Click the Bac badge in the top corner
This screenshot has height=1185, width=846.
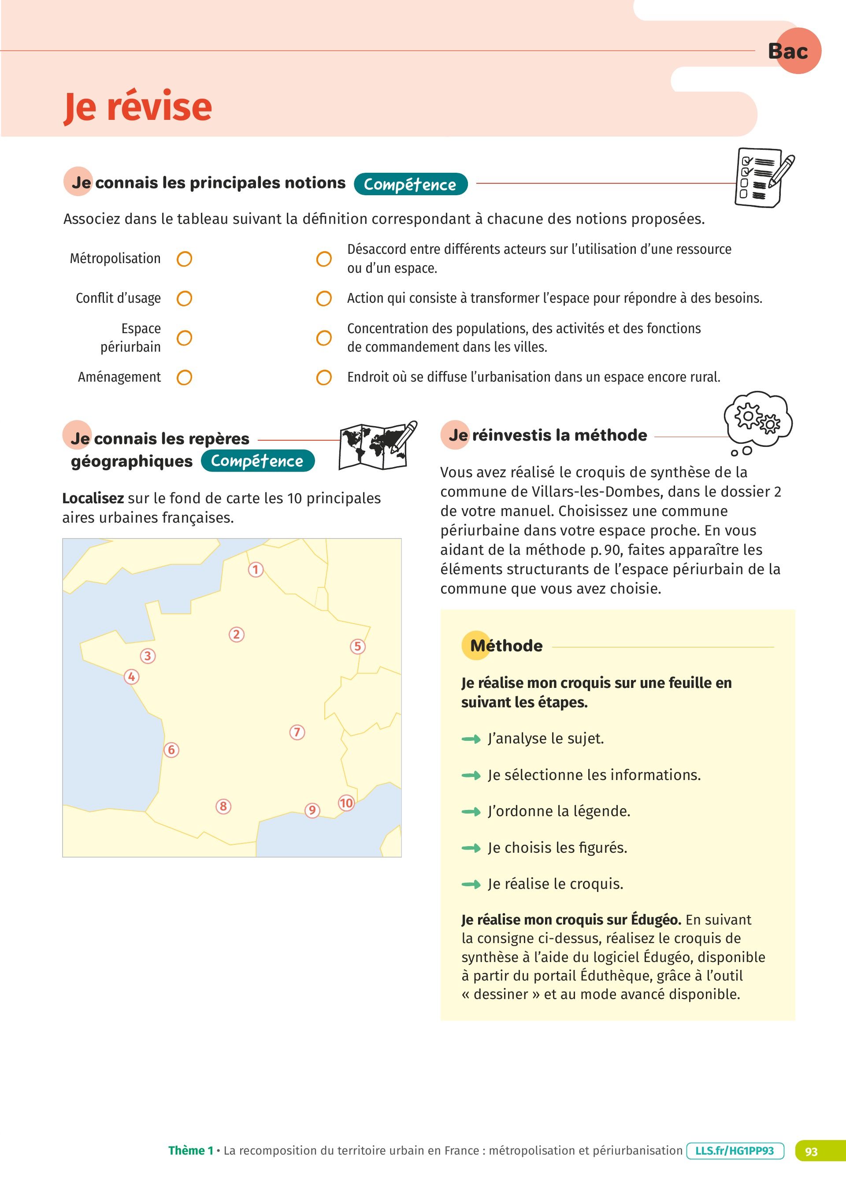[793, 51]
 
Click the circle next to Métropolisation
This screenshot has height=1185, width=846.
[185, 259]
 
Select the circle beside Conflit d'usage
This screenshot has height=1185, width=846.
[185, 298]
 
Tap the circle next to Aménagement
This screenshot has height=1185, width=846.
[185, 377]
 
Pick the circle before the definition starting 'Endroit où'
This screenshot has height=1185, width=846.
[324, 377]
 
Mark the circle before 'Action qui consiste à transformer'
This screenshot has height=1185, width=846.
[324, 298]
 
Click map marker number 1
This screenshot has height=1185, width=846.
[255, 569]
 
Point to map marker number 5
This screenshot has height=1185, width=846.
[357, 646]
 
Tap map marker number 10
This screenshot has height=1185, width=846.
[346, 802]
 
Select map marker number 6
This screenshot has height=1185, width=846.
[171, 750]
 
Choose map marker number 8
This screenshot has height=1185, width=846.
[223, 806]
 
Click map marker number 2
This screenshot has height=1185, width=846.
[237, 634]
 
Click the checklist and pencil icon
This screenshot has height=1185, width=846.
[763, 177]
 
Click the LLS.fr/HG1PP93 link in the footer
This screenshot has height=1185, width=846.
[735, 1151]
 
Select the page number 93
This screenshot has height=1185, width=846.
[811, 1151]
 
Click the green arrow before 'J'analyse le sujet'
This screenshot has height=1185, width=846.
[471, 739]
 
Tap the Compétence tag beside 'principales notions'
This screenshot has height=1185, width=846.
[411, 184]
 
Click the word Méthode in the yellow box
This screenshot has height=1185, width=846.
[506, 646]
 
